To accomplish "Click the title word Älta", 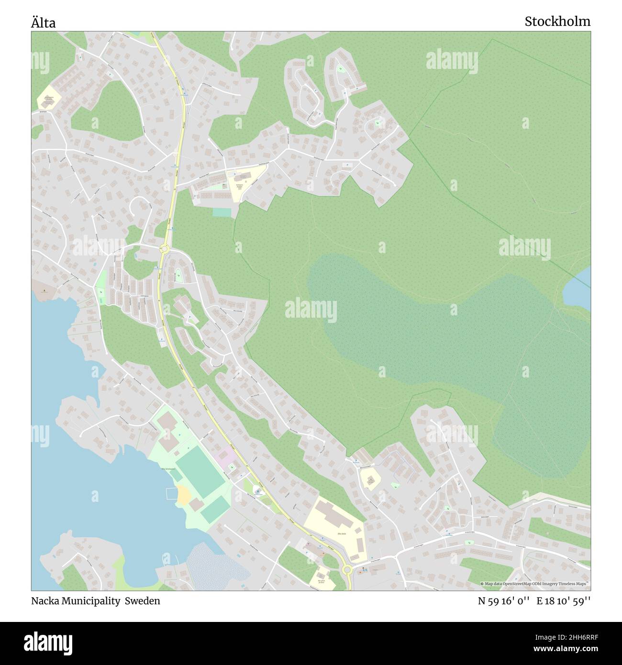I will point(44,22).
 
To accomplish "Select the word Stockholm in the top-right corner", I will point(557,22).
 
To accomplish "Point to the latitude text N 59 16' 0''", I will point(504,601).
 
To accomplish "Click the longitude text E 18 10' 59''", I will point(563,601).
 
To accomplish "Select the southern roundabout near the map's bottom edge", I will point(347,569).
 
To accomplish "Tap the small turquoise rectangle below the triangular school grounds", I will point(222,212).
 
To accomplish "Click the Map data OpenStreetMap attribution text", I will point(534,584).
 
